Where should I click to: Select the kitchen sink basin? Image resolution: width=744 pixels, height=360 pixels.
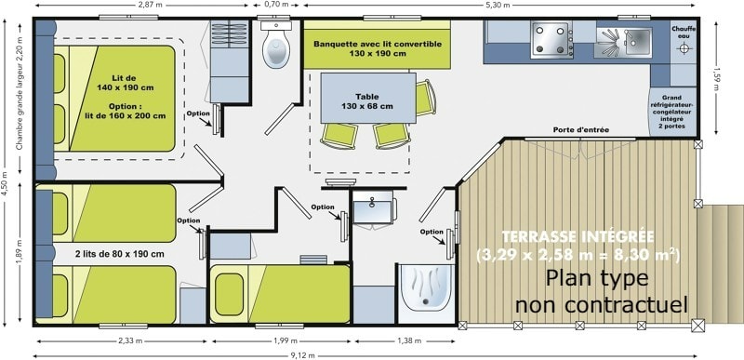(x=638, y=41)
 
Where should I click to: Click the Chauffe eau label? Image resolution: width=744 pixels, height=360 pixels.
(x=684, y=32)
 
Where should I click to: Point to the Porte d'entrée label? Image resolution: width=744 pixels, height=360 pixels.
(x=580, y=129)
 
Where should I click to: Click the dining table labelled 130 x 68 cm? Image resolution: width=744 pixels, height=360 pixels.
(x=368, y=98)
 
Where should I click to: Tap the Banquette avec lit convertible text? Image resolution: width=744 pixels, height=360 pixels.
(x=378, y=48)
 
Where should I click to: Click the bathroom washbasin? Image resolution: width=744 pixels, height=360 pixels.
(x=373, y=208)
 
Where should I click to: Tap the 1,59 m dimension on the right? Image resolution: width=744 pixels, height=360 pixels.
(x=717, y=77)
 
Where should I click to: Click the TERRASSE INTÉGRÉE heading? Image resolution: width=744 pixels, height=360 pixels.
(x=578, y=236)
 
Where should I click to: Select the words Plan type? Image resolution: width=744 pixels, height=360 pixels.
(x=596, y=278)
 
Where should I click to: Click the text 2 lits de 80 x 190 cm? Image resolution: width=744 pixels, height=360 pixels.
(x=120, y=254)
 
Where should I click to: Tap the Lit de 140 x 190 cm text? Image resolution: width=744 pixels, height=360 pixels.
(x=126, y=83)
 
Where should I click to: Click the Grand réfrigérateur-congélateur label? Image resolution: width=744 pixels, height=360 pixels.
(x=671, y=109)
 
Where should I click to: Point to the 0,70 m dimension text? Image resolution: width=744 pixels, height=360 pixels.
(x=277, y=5)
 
